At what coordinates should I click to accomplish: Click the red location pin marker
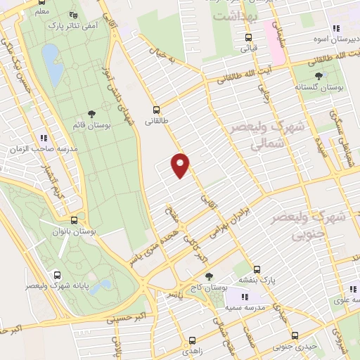coord(181,165)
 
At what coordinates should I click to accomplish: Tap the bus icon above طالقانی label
coord(156,110)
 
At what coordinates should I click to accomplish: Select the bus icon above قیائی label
coord(248,38)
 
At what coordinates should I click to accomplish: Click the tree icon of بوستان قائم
coord(91,113)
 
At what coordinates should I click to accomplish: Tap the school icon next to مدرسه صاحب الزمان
coord(44,139)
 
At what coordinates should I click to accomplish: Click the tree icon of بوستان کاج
coord(207,276)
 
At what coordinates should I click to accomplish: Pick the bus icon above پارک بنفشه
coord(257,269)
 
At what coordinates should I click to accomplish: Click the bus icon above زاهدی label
coord(191,336)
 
